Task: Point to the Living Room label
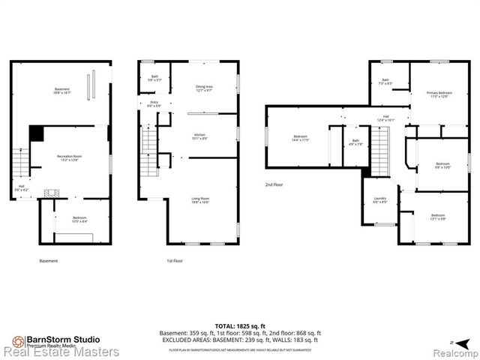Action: pyautogui.click(x=199, y=200)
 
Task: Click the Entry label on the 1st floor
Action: pyautogui.click(x=154, y=103)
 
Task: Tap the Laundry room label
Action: pyautogui.click(x=380, y=199)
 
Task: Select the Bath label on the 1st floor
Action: pyautogui.click(x=154, y=77)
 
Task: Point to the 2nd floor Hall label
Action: pyautogui.click(x=385, y=118)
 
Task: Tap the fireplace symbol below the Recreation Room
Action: pyautogui.click(x=52, y=193)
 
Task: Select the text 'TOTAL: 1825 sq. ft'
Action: pyautogui.click(x=240, y=325)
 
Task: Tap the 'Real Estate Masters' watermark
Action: pyautogui.click(x=60, y=351)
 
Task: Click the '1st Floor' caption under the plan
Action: pyautogui.click(x=174, y=261)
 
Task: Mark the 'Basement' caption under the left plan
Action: pyautogui.click(x=48, y=261)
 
